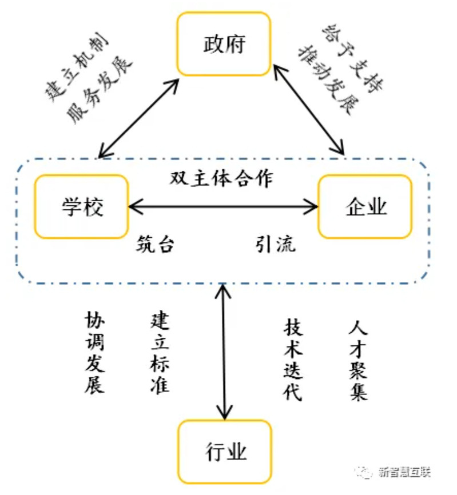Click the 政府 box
click(x=223, y=44)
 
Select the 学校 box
click(x=82, y=206)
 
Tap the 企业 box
click(x=365, y=206)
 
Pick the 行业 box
click(x=225, y=452)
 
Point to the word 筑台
click(x=155, y=245)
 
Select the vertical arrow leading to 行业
click(x=223, y=354)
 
